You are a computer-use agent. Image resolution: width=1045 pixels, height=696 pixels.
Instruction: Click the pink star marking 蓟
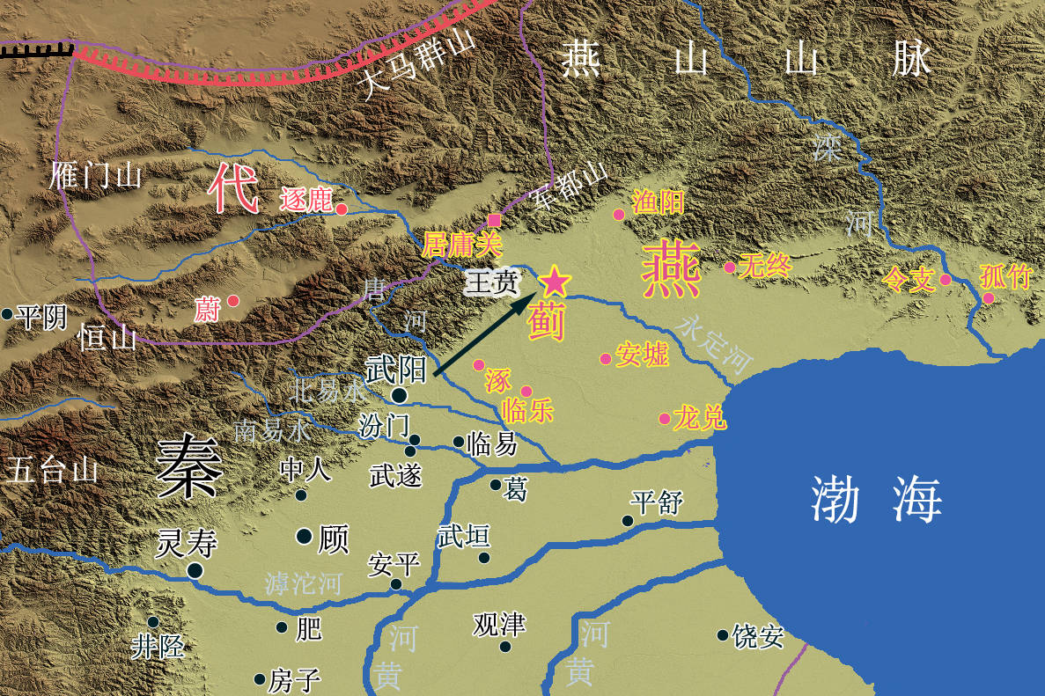[554, 282]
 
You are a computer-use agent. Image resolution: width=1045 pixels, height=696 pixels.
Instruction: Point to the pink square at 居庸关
[495, 219]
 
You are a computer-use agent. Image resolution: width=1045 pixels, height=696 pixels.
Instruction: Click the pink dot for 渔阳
[619, 214]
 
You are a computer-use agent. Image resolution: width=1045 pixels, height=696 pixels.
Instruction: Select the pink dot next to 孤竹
[989, 298]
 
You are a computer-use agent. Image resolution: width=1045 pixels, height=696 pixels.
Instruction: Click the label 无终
[766, 266]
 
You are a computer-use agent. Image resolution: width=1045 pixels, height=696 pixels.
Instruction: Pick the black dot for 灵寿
[195, 570]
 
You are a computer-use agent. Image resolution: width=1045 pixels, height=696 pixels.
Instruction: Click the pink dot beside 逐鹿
[342, 209]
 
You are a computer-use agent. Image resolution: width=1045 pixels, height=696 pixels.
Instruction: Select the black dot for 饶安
[723, 634]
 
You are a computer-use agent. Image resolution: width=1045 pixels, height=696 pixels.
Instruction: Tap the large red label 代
[233, 189]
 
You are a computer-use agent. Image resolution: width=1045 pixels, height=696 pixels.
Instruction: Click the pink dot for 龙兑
[665, 418]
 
